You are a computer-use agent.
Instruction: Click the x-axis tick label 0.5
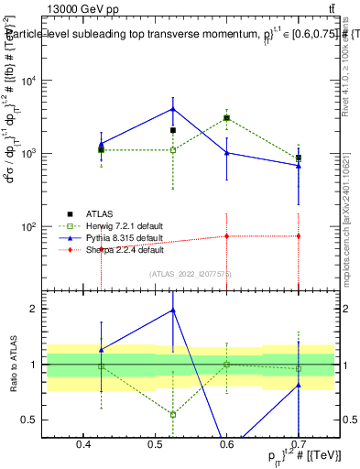(156, 444)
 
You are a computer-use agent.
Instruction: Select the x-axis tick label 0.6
(227, 444)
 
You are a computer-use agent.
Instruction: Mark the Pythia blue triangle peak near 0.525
(173, 109)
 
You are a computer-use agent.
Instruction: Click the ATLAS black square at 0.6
(226, 118)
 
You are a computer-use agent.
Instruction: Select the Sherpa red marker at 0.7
(299, 236)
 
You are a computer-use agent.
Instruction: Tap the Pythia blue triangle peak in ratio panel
(173, 311)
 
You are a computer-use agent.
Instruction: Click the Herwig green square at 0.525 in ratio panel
(173, 414)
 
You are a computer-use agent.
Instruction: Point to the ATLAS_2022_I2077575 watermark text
(190, 273)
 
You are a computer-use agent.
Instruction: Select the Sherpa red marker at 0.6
(226, 235)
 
